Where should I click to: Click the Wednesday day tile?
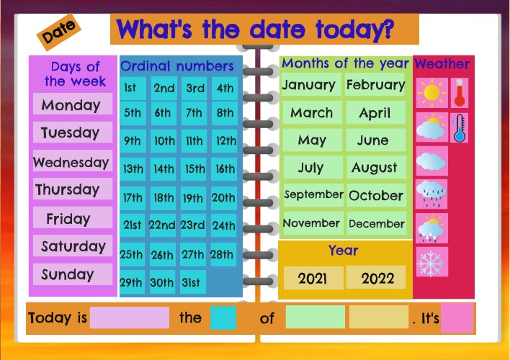tap(71, 162)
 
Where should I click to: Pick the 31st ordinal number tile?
tap(191, 282)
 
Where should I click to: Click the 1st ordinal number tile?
tap(130, 89)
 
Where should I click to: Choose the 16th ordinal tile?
tap(225, 169)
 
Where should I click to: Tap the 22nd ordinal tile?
tap(162, 225)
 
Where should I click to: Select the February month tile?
tap(375, 85)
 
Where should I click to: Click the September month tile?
tap(313, 194)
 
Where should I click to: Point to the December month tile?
tap(376, 223)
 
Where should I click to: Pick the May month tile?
tap(312, 140)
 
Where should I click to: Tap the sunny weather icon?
tap(432, 93)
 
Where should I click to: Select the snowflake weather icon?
tap(431, 263)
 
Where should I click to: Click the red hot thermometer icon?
tap(460, 93)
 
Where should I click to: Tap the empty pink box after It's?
tap(457, 318)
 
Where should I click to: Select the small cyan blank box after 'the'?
tap(223, 318)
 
